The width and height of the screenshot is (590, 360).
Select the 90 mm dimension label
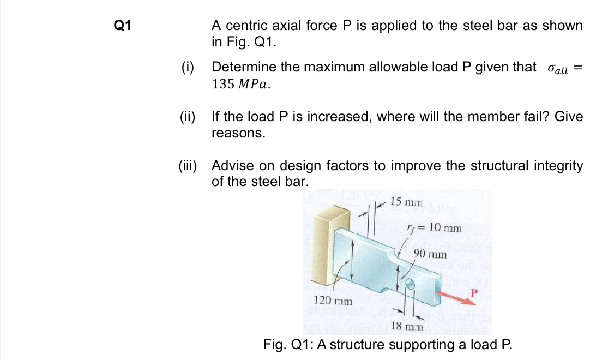430,254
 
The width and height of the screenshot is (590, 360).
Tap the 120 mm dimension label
333,301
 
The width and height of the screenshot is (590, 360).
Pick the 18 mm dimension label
407,326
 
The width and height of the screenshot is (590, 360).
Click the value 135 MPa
240,85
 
